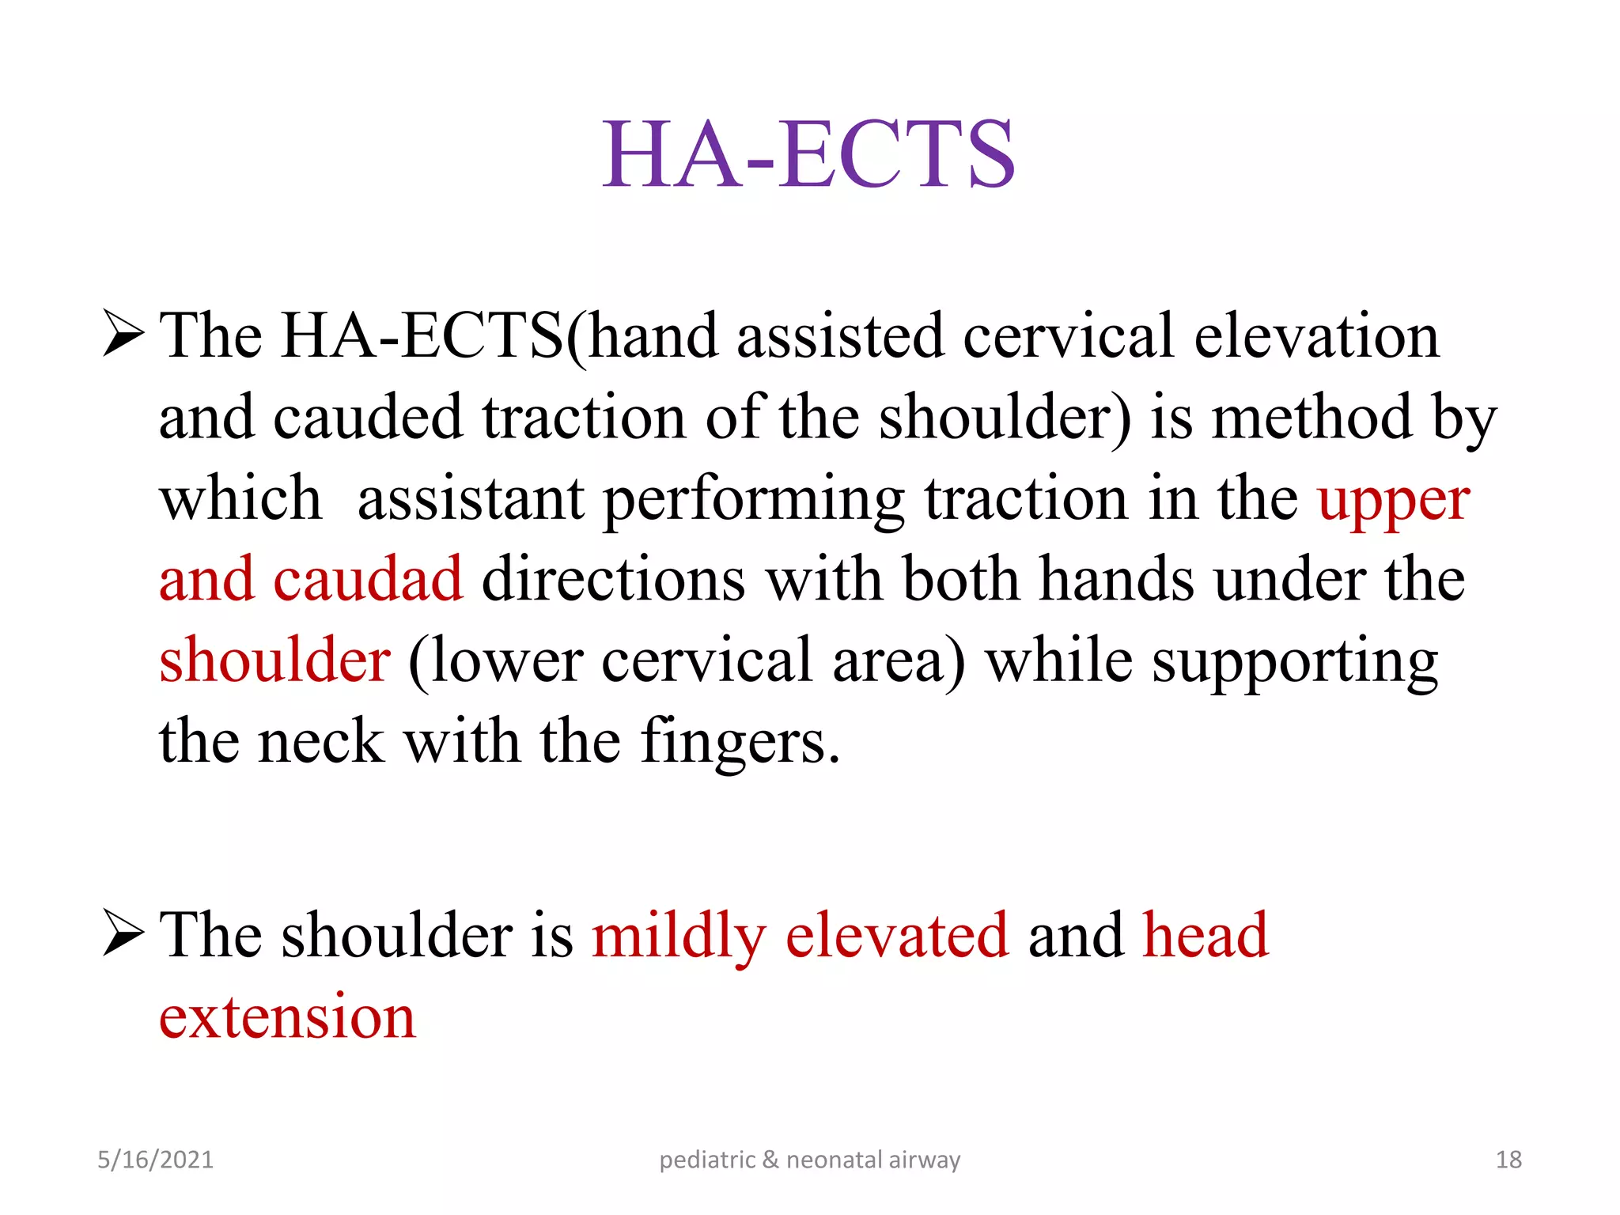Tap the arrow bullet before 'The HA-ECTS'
(x=123, y=335)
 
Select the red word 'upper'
(x=1394, y=502)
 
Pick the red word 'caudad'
(x=368, y=580)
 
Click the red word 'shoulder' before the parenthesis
(x=274, y=660)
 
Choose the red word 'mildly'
(x=679, y=937)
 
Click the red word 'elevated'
(x=897, y=935)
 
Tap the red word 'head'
(x=1206, y=935)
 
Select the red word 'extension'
(x=287, y=1017)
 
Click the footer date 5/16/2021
(x=155, y=1160)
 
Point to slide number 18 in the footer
(x=1508, y=1160)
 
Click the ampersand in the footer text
(x=770, y=1160)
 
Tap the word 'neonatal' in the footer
(x=834, y=1160)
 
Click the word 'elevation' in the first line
(x=1316, y=336)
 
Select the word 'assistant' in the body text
(x=471, y=500)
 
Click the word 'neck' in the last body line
(x=321, y=742)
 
